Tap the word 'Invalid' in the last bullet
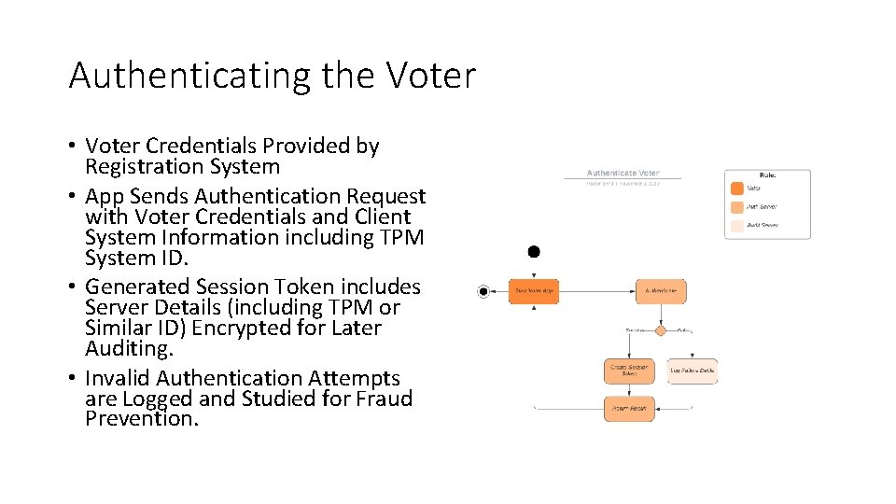coord(118,378)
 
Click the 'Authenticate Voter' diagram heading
coord(623,173)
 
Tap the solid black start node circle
coord(534,252)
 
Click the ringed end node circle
coord(483,291)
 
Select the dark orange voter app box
coord(534,291)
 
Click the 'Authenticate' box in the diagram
coord(661,291)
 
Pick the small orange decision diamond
coord(661,330)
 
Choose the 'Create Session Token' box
coord(629,371)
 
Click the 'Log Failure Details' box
coord(693,371)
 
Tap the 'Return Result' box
coord(629,409)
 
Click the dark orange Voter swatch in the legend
coord(736,189)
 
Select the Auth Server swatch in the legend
coord(736,225)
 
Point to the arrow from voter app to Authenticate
coord(597,291)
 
